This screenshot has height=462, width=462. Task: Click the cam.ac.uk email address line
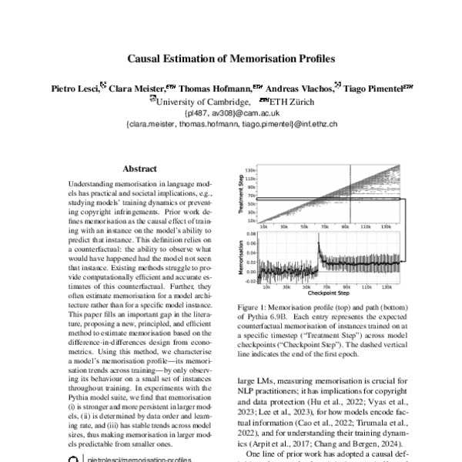pyautogui.click(x=231, y=112)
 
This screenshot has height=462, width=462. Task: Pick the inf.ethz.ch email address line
pyautogui.click(x=231, y=123)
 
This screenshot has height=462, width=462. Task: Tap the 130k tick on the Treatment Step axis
pyautogui.click(x=251, y=169)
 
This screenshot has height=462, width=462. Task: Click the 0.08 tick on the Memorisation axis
pyautogui.click(x=251, y=231)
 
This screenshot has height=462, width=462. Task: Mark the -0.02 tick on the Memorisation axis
pyautogui.click(x=249, y=282)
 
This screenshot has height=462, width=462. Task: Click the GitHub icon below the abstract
pyautogui.click(x=73, y=457)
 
